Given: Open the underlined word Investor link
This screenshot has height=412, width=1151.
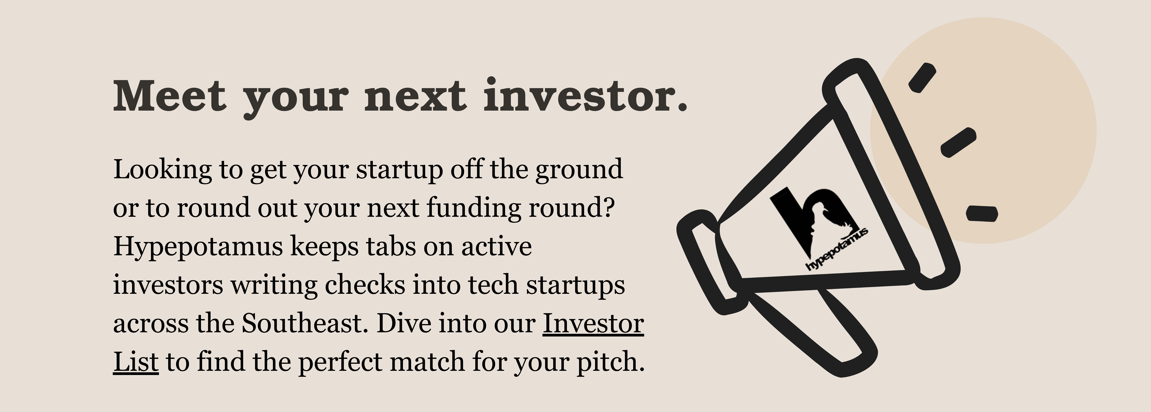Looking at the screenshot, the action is point(593,324).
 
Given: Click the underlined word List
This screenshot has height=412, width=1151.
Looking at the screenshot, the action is point(136,362).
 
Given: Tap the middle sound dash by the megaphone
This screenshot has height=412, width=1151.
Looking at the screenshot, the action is point(958,142).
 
